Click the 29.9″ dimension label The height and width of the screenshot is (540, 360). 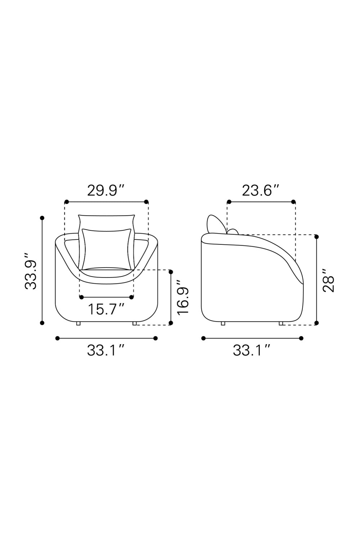106,191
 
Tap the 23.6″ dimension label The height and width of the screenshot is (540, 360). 261,191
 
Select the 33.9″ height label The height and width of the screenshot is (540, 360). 31,271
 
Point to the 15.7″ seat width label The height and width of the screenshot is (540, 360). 106,309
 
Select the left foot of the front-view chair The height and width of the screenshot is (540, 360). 78,324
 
